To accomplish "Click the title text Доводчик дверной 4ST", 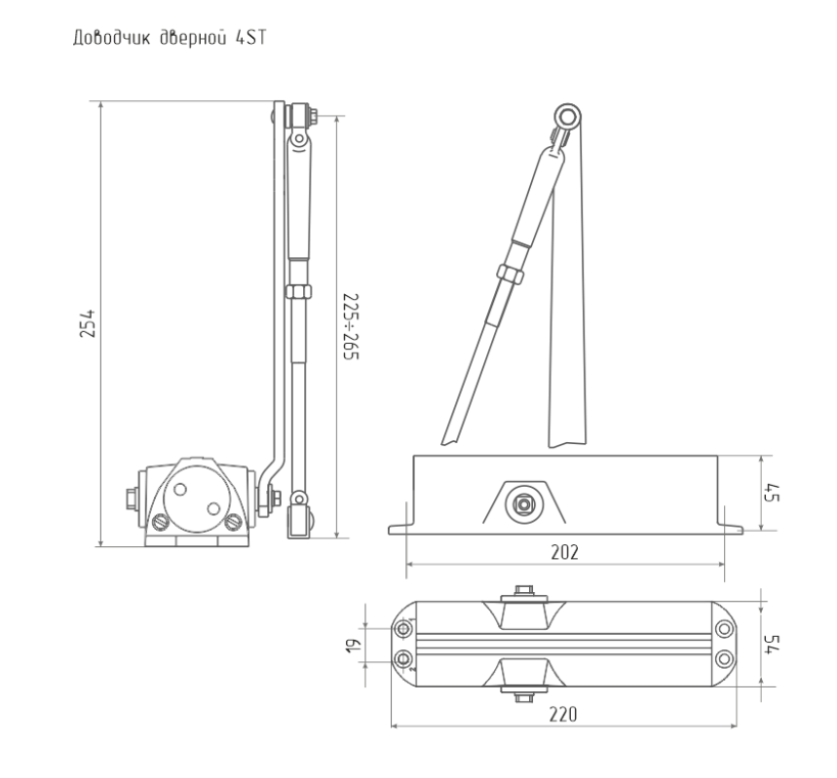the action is click(x=170, y=38).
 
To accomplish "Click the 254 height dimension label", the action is click(x=87, y=323).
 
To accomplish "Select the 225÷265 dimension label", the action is click(x=351, y=326).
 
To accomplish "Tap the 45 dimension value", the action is click(x=772, y=493).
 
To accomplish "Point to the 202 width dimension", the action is click(x=565, y=552).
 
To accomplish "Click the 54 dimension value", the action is click(x=772, y=644).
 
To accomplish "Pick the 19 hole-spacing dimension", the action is click(x=354, y=646).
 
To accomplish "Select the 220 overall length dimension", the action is click(x=564, y=714).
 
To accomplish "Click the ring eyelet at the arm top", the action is click(x=567, y=117).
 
